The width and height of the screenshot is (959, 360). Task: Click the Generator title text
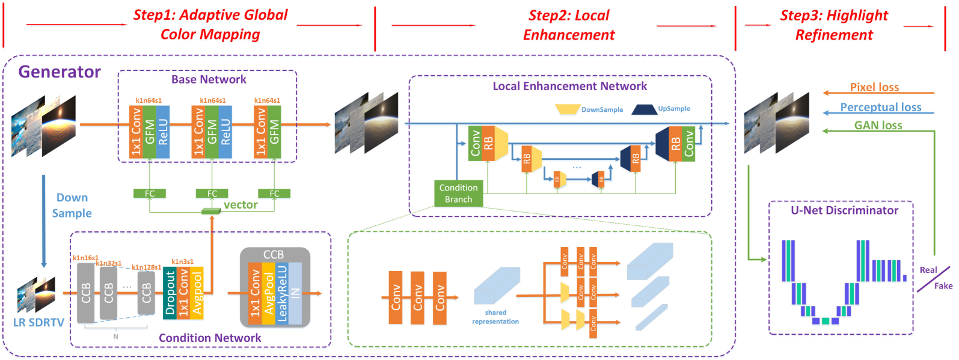pyautogui.click(x=60, y=72)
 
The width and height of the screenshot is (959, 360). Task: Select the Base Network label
pyautogui.click(x=209, y=79)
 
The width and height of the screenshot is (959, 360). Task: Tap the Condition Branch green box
pyautogui.click(x=458, y=194)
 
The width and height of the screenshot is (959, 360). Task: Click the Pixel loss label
pyautogui.click(x=874, y=87)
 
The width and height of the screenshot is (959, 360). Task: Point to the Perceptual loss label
pyautogui.click(x=880, y=107)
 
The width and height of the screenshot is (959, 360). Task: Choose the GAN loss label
pyautogui.click(x=878, y=125)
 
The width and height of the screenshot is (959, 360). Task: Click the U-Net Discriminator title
pyautogui.click(x=844, y=210)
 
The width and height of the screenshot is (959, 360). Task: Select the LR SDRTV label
pyautogui.click(x=38, y=323)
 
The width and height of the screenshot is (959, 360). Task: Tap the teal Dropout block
pyautogui.click(x=170, y=293)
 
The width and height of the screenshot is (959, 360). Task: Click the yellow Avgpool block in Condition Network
pyautogui.click(x=197, y=293)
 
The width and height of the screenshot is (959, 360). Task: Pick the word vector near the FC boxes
pyautogui.click(x=241, y=205)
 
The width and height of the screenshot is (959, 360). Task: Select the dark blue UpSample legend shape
pyautogui.click(x=643, y=109)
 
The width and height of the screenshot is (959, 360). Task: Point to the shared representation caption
pyautogui.click(x=495, y=317)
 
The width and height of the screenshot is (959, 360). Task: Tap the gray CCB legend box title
pyautogui.click(x=274, y=255)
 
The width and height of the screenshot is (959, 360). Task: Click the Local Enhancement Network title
pyautogui.click(x=569, y=87)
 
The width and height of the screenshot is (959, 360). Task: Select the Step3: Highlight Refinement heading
pyautogui.click(x=834, y=25)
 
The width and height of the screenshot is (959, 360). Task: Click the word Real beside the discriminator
pyautogui.click(x=928, y=270)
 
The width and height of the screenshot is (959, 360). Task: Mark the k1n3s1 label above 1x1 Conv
pyautogui.click(x=182, y=261)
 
